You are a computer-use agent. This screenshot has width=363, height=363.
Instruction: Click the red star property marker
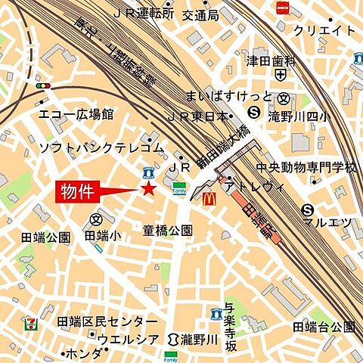click(149, 188)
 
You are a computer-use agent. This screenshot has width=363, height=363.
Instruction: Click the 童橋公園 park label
click(168, 230)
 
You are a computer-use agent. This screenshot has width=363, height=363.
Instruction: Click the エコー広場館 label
click(76, 114)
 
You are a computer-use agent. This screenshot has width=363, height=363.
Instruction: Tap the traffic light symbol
click(42, 86)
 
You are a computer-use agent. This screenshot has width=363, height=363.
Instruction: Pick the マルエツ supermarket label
click(327, 222)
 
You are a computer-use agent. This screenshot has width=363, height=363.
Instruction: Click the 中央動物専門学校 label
click(306, 167)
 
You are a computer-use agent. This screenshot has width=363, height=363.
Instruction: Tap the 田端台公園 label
click(324, 326)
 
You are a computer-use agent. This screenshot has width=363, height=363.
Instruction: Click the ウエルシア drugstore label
click(128, 339)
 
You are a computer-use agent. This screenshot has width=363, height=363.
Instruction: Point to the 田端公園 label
click(45, 237)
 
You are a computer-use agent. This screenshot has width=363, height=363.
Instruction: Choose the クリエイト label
click(324, 30)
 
